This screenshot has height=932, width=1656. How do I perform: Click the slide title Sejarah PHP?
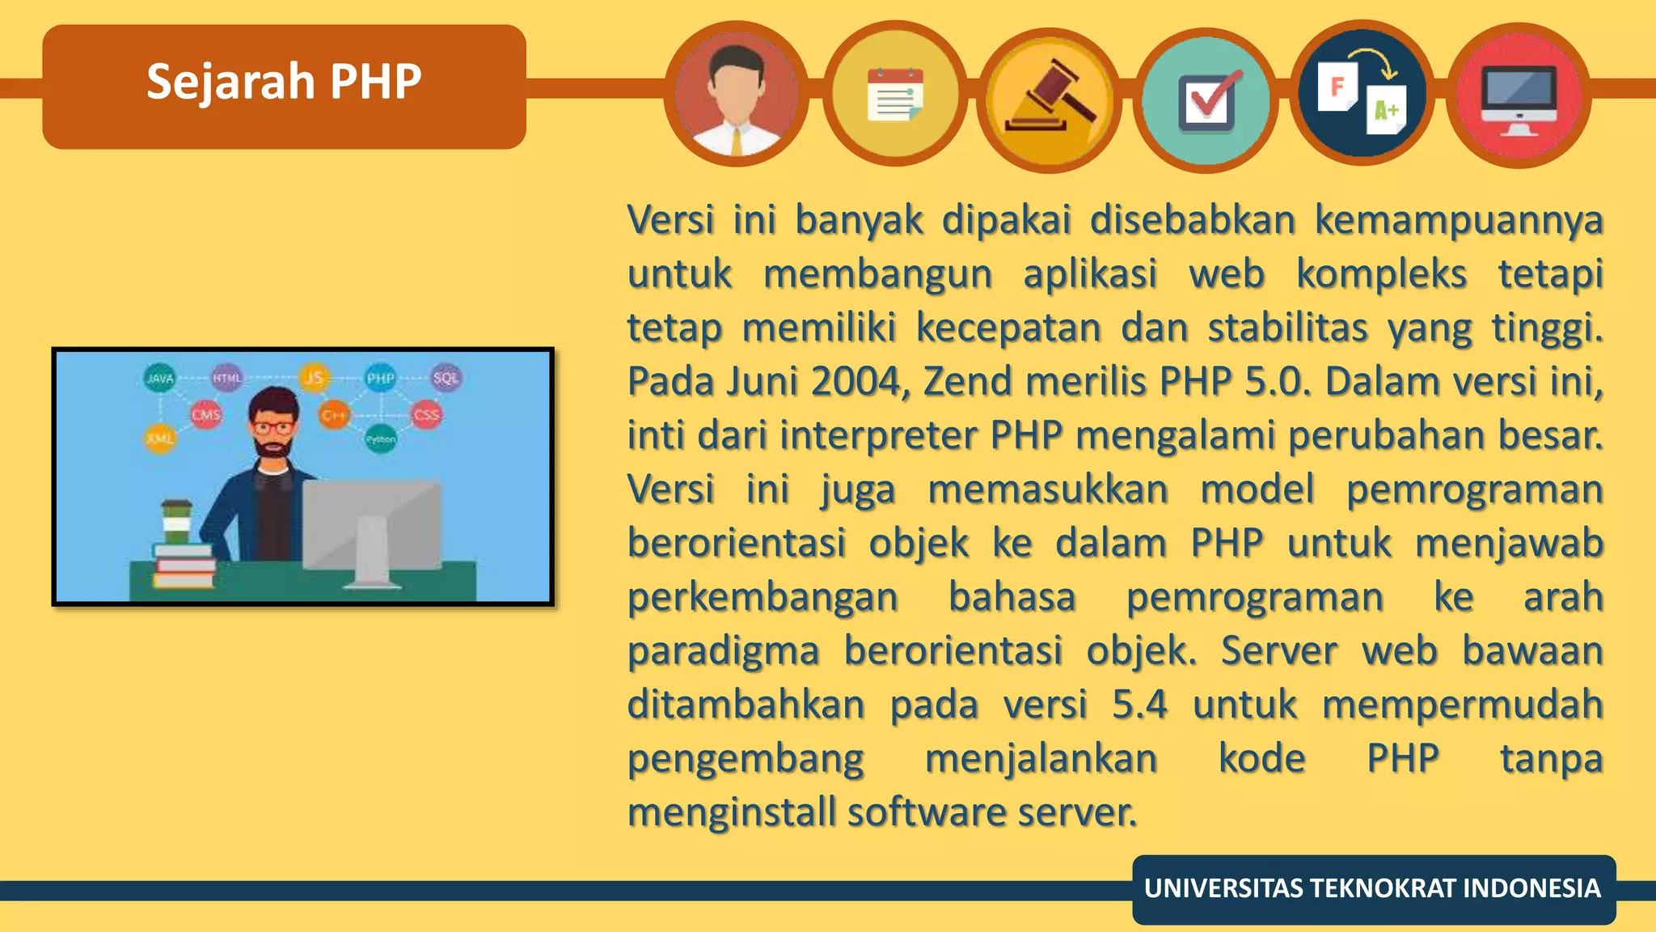tap(284, 82)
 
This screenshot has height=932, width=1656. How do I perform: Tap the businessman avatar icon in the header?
tap(736, 95)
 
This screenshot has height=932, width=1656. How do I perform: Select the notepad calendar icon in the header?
tap(894, 95)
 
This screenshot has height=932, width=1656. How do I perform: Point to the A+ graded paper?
tap(1388, 110)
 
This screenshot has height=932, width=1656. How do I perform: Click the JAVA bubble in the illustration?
tap(160, 378)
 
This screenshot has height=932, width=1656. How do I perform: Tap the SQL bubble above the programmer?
tap(446, 378)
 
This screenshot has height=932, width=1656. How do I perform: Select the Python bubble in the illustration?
tap(380, 439)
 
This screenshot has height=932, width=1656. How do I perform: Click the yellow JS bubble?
tap(314, 377)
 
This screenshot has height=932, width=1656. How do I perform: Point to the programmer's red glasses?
tap(272, 427)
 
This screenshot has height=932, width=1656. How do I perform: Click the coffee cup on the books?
tap(176, 522)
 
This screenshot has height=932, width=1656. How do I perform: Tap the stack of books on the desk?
tap(184, 567)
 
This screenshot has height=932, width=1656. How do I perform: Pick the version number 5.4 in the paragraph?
tap(1139, 704)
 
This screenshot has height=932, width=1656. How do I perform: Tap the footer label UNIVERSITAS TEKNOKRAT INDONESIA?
tap(1372, 888)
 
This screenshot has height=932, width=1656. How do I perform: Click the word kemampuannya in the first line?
tap(1458, 220)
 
